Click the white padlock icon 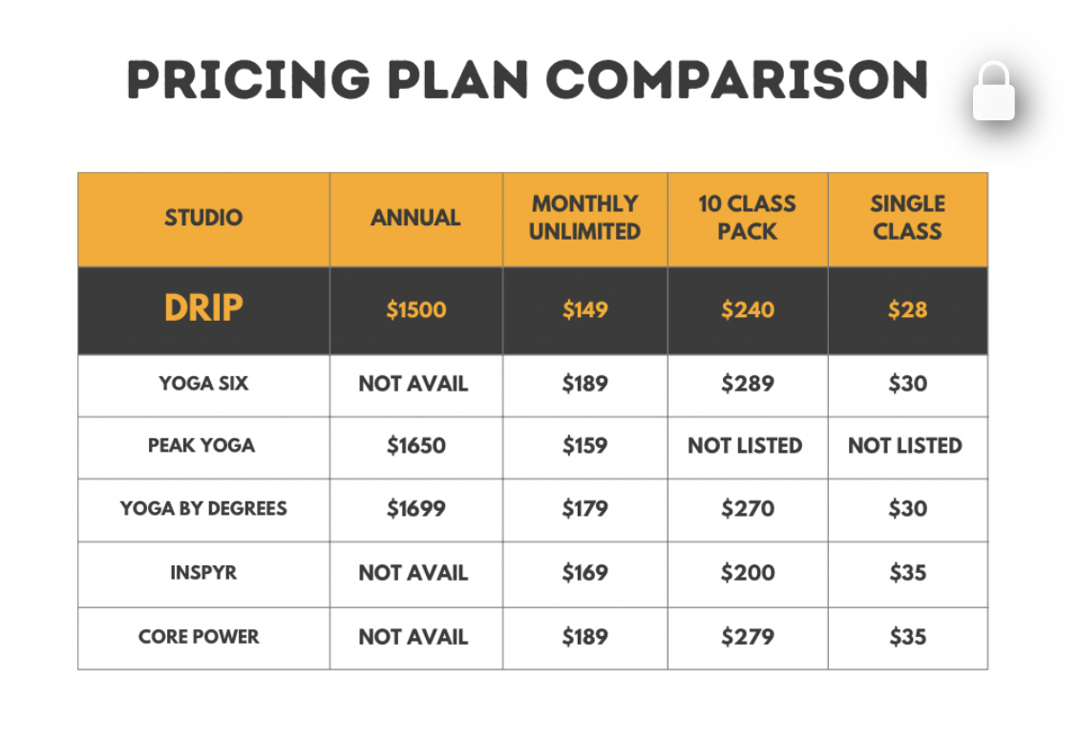pyautogui.click(x=993, y=92)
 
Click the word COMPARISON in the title pyautogui.click(x=738, y=80)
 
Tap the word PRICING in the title pyautogui.click(x=248, y=80)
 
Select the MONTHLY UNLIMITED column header pyautogui.click(x=584, y=218)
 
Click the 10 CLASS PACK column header pyautogui.click(x=748, y=218)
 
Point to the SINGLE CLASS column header pyautogui.click(x=908, y=218)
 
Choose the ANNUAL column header pyautogui.click(x=415, y=218)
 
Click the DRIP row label pyautogui.click(x=203, y=307)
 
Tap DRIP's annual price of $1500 pyautogui.click(x=416, y=310)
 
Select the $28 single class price pyautogui.click(x=908, y=310)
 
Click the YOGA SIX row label pyautogui.click(x=203, y=383)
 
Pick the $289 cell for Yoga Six pyautogui.click(x=748, y=384)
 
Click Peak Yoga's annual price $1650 pyautogui.click(x=416, y=446)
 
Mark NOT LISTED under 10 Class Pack pyautogui.click(x=745, y=446)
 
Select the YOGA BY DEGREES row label pyautogui.click(x=203, y=508)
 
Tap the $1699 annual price pyautogui.click(x=416, y=508)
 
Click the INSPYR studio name pyautogui.click(x=203, y=573)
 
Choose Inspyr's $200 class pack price pyautogui.click(x=748, y=573)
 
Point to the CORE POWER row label pyautogui.click(x=199, y=637)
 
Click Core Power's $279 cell pyautogui.click(x=748, y=637)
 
